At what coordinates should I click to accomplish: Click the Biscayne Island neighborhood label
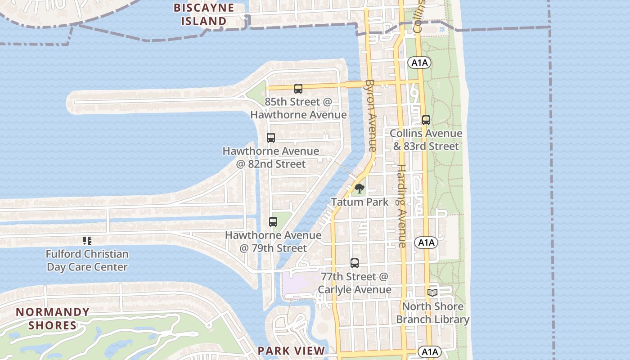pyautogui.click(x=204, y=14)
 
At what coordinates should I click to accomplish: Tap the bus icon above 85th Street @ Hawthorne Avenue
pyautogui.click(x=298, y=89)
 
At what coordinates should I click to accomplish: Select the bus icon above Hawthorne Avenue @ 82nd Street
pyautogui.click(x=270, y=138)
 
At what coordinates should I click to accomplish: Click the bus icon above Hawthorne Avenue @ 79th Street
pyautogui.click(x=273, y=222)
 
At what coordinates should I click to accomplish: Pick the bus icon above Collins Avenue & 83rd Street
pyautogui.click(x=426, y=120)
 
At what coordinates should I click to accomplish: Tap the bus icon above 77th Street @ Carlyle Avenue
pyautogui.click(x=354, y=263)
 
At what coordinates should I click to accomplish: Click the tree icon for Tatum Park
pyautogui.click(x=359, y=189)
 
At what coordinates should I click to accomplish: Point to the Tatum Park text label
pyautogui.click(x=360, y=202)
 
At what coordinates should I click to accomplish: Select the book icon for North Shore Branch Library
pyautogui.click(x=432, y=293)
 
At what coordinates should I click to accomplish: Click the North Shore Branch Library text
pyautogui.click(x=432, y=313)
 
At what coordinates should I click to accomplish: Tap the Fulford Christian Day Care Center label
pyautogui.click(x=87, y=261)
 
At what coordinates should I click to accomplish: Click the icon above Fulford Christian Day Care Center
pyautogui.click(x=87, y=241)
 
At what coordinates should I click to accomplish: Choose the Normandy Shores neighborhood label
pyautogui.click(x=53, y=319)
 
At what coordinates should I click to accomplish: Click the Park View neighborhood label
pyautogui.click(x=291, y=351)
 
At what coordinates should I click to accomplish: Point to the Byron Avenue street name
pyautogui.click(x=371, y=115)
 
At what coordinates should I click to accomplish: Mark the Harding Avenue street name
pyautogui.click(x=401, y=206)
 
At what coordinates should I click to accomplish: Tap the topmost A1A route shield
pyautogui.click(x=419, y=63)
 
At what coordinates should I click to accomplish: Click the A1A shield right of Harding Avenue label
pyautogui.click(x=426, y=243)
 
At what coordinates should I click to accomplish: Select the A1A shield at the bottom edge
pyautogui.click(x=429, y=352)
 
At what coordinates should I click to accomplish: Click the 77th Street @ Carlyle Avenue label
pyautogui.click(x=354, y=283)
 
